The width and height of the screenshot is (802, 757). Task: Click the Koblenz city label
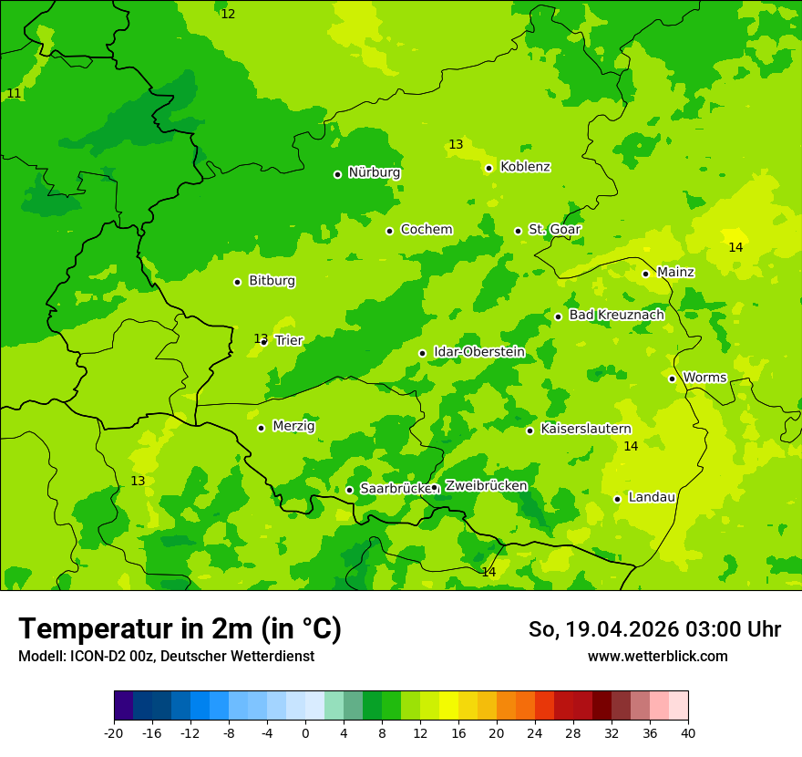[525, 167]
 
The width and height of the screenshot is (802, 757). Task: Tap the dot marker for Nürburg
[337, 174]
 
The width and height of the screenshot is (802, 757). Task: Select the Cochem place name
[427, 230]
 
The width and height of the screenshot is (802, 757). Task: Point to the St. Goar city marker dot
[518, 231]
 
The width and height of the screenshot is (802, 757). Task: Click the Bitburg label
[272, 281]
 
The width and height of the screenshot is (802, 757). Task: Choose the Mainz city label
[675, 272]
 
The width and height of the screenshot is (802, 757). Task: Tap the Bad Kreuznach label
[616, 315]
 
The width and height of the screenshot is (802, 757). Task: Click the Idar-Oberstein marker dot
[422, 353]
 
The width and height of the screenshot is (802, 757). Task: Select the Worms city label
[704, 378]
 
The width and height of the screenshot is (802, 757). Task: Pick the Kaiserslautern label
[586, 429]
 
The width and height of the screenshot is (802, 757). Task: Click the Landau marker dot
[617, 499]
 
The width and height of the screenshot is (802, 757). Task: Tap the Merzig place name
[293, 426]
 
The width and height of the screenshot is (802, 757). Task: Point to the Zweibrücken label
[486, 486]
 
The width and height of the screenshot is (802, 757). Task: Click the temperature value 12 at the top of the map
[228, 14]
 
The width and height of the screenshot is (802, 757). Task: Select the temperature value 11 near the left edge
[14, 93]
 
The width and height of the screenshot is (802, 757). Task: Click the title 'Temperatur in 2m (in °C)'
[180, 628]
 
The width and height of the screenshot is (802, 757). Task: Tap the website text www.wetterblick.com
[657, 656]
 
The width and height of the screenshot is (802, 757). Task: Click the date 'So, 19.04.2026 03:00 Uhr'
[654, 629]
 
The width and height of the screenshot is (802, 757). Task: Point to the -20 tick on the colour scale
[114, 732]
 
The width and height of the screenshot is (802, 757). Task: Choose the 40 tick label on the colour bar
[688, 732]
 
